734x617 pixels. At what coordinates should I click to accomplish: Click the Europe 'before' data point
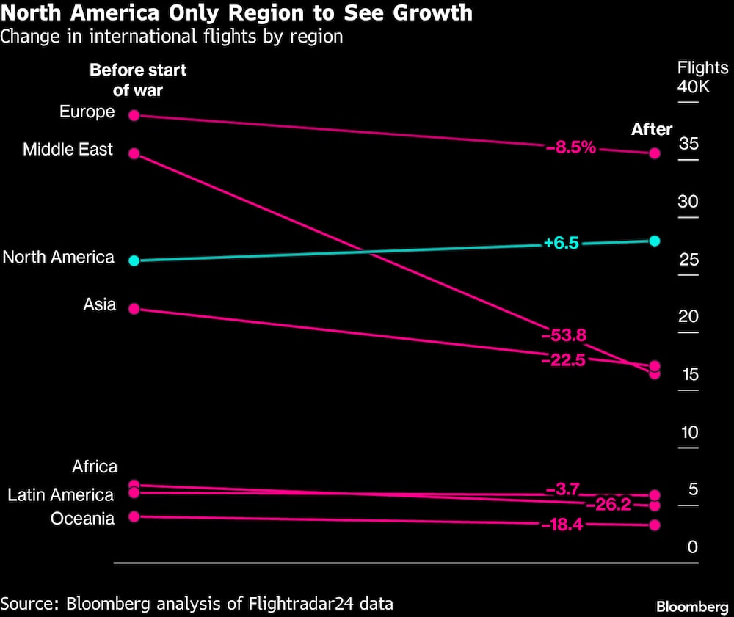tap(134, 115)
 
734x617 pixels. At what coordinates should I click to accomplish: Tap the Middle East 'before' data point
tap(134, 153)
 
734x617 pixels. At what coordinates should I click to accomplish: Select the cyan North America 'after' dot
tap(655, 241)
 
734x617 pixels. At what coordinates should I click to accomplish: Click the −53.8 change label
tap(563, 335)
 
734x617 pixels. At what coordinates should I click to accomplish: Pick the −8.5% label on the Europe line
tap(570, 147)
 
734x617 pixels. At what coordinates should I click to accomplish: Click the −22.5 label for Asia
tap(563, 359)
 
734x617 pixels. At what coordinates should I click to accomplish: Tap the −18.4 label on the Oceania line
tap(562, 525)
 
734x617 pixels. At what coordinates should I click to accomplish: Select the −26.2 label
tap(608, 505)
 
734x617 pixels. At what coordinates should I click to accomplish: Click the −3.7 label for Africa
tap(563, 489)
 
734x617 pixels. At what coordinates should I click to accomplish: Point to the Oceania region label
tap(82, 519)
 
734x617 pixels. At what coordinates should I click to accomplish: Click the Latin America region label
tap(60, 495)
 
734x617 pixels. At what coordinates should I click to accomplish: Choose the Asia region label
tap(99, 304)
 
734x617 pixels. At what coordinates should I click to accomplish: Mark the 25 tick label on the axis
tap(688, 260)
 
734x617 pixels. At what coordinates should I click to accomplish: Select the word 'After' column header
tap(652, 129)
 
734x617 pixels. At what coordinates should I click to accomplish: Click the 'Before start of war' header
tap(138, 80)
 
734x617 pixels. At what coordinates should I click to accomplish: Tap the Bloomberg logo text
tap(691, 607)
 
